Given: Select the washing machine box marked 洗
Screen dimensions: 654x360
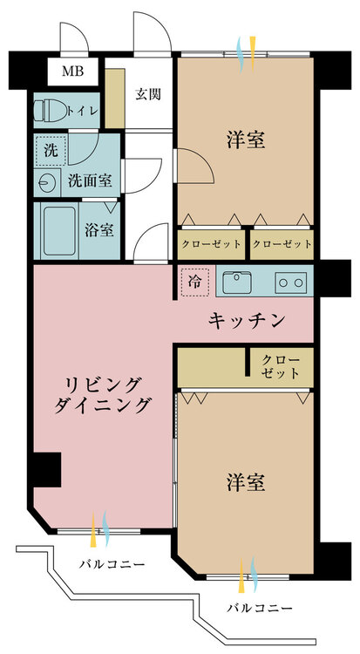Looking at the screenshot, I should coord(51,149).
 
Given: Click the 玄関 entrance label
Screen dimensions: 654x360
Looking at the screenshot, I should coord(148,95).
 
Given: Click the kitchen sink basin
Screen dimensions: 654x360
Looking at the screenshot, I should coord(237,283).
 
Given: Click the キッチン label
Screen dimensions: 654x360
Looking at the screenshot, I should coord(247,322).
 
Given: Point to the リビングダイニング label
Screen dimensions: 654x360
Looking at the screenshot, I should coord(101,394).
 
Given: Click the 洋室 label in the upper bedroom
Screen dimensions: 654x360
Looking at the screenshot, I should coord(247,140).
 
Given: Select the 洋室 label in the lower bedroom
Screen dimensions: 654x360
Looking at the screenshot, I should coord(247,482).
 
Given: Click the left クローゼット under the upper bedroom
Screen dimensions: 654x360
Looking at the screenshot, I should coord(211,243).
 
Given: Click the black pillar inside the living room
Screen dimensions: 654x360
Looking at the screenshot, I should coord(47,470).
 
